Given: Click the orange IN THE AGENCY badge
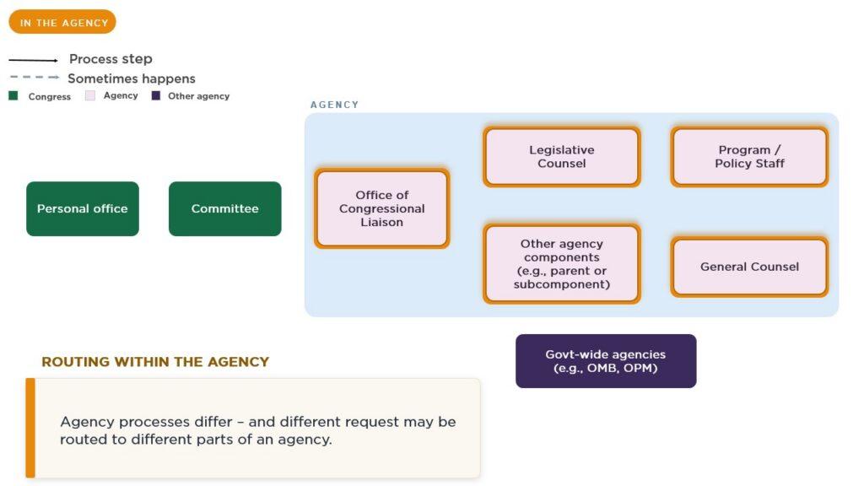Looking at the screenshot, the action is tap(62, 22).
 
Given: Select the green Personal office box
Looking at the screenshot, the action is tap(83, 209).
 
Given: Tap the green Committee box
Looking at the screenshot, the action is tap(224, 209).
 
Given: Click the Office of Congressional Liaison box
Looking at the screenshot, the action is tap(382, 208).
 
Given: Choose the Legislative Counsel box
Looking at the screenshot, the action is tap(561, 156).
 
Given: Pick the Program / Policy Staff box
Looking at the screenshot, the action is tap(749, 156).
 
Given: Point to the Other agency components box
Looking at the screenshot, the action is tap(561, 263).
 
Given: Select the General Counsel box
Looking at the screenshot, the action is tap(749, 267).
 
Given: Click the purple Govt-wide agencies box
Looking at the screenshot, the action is tap(606, 361).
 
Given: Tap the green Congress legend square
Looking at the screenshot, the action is tap(13, 96).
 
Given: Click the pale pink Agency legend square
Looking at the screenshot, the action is tap(90, 95).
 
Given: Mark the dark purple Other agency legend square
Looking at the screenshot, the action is tap(156, 95).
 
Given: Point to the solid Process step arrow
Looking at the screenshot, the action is tap(33, 60).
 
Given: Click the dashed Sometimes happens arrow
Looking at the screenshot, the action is tap(34, 77).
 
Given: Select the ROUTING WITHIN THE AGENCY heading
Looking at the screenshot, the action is tap(155, 361).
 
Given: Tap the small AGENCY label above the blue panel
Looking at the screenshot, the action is tap(334, 105).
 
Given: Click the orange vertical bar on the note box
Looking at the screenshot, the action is tap(30, 428).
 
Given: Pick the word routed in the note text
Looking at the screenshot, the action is tap(80, 439).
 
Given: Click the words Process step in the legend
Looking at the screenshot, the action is tap(111, 59).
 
